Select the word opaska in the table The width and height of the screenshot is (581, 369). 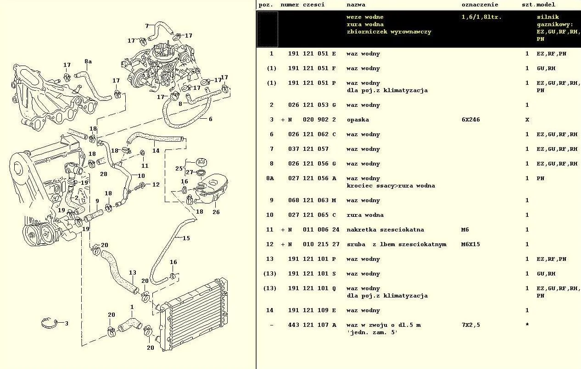coord(358,120)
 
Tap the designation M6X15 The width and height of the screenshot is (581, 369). coord(470,244)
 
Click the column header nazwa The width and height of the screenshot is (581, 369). coord(356,5)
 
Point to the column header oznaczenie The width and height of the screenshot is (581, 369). coord(480,5)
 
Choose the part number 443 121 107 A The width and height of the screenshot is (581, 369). coord(312,325)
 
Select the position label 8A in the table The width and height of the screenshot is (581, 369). coord(270,178)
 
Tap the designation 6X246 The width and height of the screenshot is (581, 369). coord(470,120)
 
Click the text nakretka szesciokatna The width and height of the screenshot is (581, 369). coord(385,230)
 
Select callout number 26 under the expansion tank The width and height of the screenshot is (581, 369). coord(216,212)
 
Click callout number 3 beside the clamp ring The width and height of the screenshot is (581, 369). coord(66,323)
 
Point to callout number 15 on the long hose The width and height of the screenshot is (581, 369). coord(186,238)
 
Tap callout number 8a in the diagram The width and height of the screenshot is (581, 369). coord(88,61)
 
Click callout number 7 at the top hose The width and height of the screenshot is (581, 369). coord(147,26)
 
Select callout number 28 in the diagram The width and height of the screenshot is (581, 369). coord(103,174)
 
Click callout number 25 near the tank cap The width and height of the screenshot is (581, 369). coord(179,168)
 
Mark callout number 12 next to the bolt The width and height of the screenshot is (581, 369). coord(156,184)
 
